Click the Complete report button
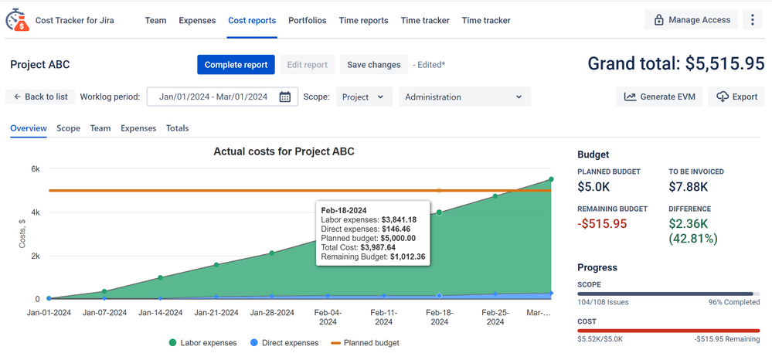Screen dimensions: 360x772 [x=236, y=65]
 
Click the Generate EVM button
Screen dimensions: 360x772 [x=660, y=97]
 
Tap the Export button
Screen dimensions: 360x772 [x=736, y=97]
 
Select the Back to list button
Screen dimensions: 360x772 [x=40, y=97]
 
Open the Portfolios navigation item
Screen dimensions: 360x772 [x=307, y=20]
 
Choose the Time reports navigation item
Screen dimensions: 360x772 [x=363, y=20]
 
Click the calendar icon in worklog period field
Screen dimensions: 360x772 [x=285, y=97]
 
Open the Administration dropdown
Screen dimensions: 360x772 [x=464, y=97]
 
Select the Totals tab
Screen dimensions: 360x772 [x=177, y=128]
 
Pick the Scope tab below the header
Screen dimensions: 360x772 [x=68, y=128]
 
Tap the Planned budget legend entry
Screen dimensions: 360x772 [x=365, y=342]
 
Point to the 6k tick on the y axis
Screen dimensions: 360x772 [x=35, y=168]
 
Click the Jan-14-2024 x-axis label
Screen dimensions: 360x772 [x=161, y=313]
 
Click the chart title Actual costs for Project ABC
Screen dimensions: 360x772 [x=284, y=151]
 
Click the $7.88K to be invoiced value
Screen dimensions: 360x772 [x=688, y=186]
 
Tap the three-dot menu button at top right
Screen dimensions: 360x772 [x=752, y=20]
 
